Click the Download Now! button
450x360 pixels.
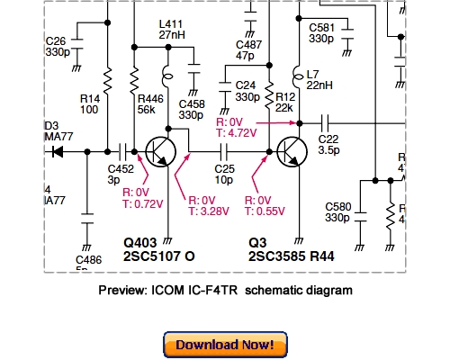[x=225, y=345]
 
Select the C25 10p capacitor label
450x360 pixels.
[x=225, y=175]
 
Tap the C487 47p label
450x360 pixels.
[x=247, y=49]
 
